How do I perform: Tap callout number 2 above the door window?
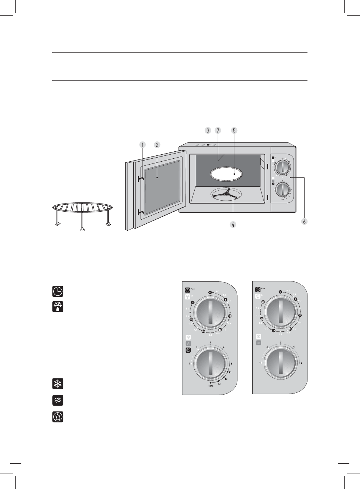(157, 145)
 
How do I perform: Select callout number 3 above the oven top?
(208, 130)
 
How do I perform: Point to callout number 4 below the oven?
(233, 224)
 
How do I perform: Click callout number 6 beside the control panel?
(304, 221)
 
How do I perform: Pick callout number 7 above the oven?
(218, 130)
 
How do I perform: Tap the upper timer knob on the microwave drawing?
(283, 167)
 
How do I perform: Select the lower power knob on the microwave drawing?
(283, 190)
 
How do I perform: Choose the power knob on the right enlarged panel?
(280, 364)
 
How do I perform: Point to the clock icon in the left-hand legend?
(58, 291)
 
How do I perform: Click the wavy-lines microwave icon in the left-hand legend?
(58, 400)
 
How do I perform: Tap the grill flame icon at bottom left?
(58, 417)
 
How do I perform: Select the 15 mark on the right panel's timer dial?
(290, 329)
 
